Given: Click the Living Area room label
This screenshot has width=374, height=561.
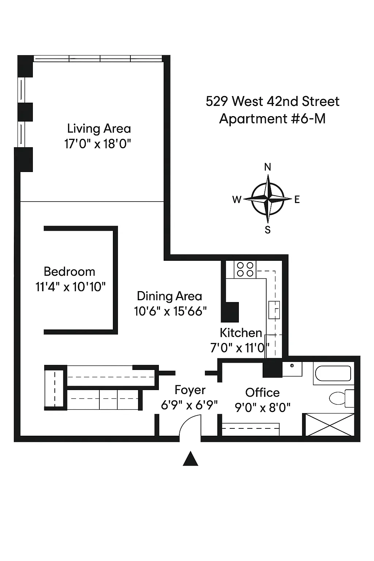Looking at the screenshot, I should click(99, 129).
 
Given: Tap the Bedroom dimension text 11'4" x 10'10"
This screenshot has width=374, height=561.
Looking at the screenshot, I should click(70, 287).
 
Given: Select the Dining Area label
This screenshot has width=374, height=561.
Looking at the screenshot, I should click(169, 296).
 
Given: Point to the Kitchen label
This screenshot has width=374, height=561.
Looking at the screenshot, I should click(241, 333).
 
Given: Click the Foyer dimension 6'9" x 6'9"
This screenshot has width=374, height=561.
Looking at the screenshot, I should click(189, 405).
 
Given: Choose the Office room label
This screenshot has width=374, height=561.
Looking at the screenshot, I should click(262, 393).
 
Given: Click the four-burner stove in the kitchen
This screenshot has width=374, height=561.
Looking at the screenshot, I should click(245, 270).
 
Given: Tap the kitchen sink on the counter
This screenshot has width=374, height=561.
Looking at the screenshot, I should click(274, 310).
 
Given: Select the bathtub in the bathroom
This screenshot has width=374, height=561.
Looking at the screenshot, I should click(333, 374).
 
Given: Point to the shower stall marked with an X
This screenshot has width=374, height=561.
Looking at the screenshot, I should click(329, 425).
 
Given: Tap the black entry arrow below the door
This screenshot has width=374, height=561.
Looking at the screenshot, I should click(190, 459).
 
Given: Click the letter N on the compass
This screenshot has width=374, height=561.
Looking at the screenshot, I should click(268, 167).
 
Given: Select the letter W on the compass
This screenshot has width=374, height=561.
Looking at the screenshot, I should click(237, 199).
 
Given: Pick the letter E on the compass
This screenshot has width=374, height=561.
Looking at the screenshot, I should click(297, 199).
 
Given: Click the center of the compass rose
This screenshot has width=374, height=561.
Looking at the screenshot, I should click(268, 199).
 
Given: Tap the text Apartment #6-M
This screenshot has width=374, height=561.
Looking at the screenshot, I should click(272, 119).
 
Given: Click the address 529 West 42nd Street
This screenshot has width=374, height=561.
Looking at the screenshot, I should click(272, 101).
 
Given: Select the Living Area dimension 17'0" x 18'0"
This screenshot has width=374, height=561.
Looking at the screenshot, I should click(98, 144).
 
